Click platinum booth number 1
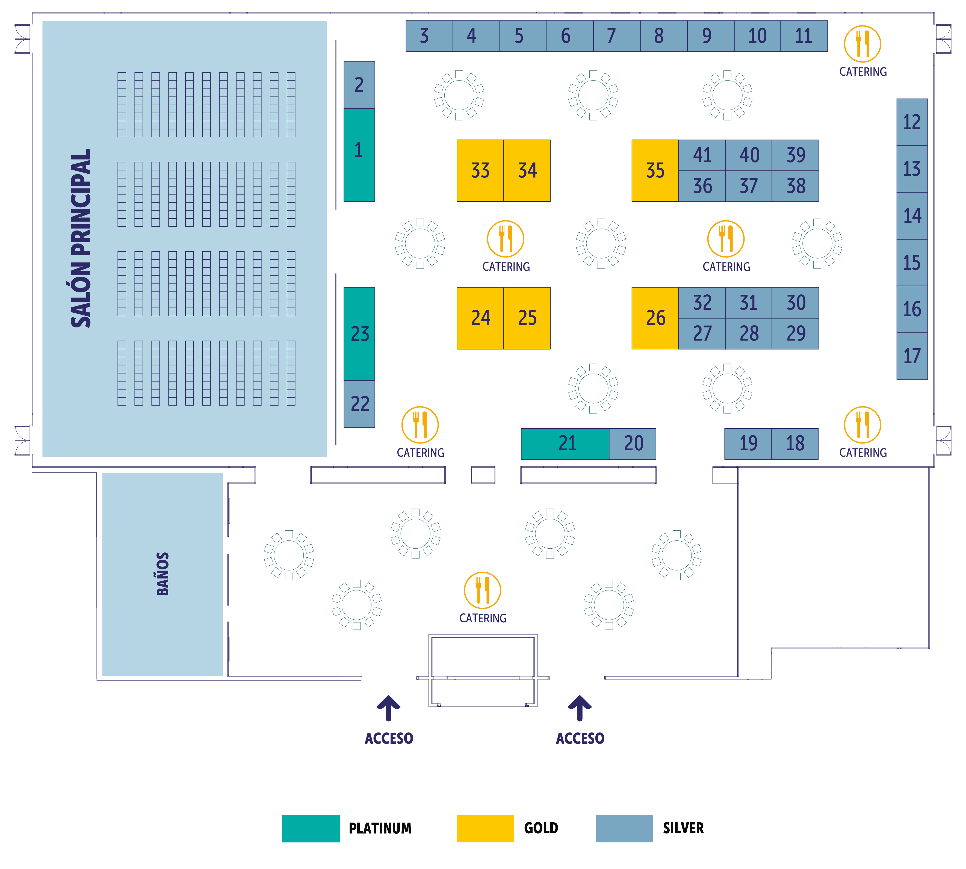click(359, 154)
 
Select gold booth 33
click(480, 170)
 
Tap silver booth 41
click(702, 155)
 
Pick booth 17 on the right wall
click(912, 356)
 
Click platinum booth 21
click(565, 444)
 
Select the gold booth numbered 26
click(655, 318)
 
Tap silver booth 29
click(796, 333)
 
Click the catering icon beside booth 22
click(420, 424)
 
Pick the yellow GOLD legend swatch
click(485, 828)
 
